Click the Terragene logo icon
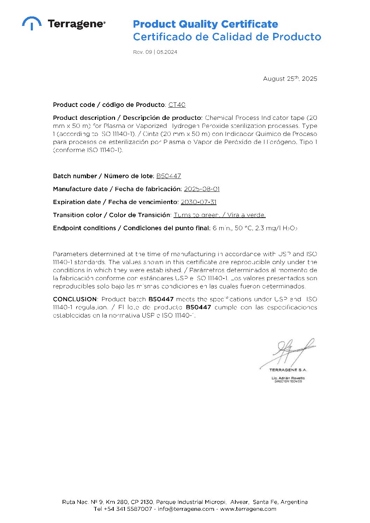click(x=32, y=23)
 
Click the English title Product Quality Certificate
click(x=205, y=24)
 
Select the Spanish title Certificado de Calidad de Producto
click(x=227, y=37)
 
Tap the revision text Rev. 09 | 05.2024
click(x=155, y=52)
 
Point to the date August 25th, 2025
click(x=290, y=79)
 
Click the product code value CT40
click(x=177, y=105)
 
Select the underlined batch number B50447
click(x=169, y=176)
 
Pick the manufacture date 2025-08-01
click(x=202, y=189)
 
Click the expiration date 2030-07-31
click(x=199, y=202)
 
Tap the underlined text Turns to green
click(x=197, y=215)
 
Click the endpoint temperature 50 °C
click(x=243, y=228)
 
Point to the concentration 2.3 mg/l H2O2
click(x=276, y=228)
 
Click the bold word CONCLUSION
click(x=75, y=299)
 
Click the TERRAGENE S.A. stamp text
click(x=288, y=370)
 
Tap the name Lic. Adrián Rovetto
click(x=288, y=378)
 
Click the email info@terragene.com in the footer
click(x=186, y=509)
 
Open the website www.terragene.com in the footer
click(x=248, y=509)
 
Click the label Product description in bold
click(x=84, y=118)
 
